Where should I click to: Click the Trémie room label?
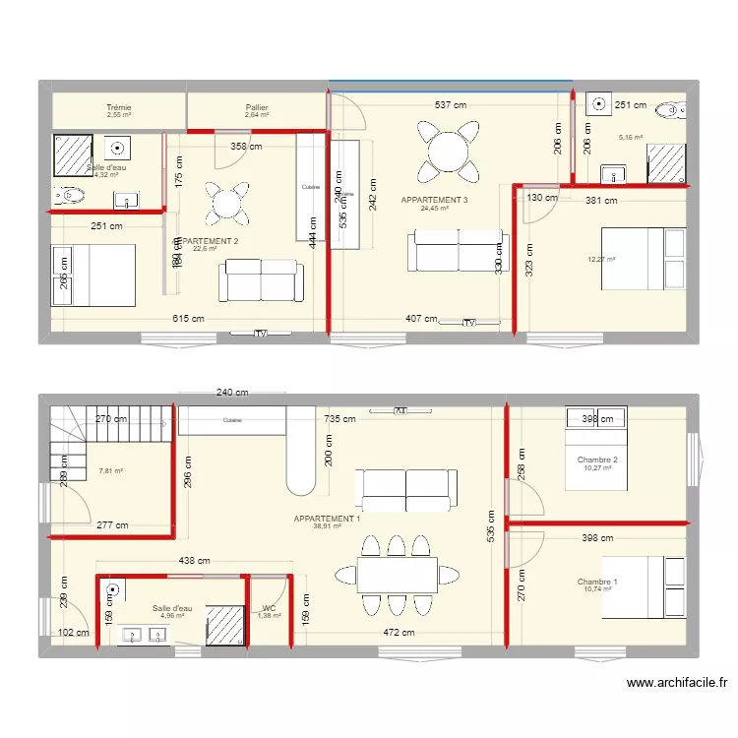(x=119, y=107)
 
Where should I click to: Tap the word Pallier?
(x=258, y=107)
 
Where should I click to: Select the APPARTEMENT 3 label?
(x=434, y=200)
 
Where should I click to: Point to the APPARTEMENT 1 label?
(x=327, y=519)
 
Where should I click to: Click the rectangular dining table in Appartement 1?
(x=398, y=575)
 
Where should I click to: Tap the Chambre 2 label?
(x=597, y=461)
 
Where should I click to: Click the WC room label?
(x=269, y=608)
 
